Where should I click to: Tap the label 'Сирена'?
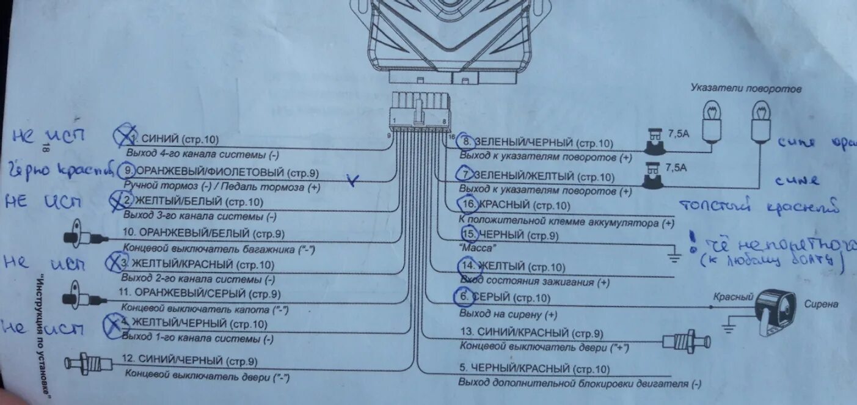click(821, 304)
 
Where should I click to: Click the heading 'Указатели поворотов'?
click(746, 89)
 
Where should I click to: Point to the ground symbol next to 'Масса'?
click(674, 255)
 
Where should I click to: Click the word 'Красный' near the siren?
click(733, 297)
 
